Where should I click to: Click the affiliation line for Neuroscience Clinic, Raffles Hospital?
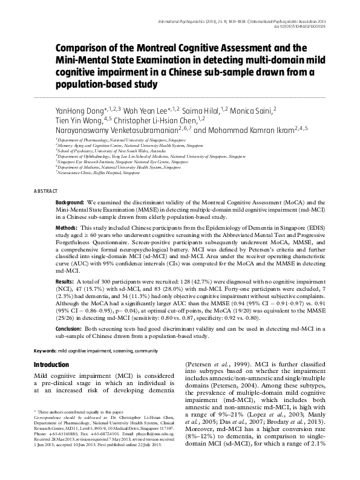point(91,174)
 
